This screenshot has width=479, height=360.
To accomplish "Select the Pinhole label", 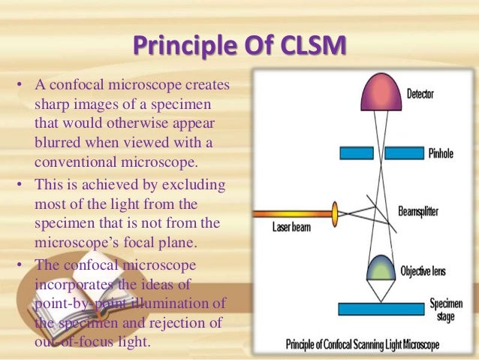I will pos(440,153).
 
